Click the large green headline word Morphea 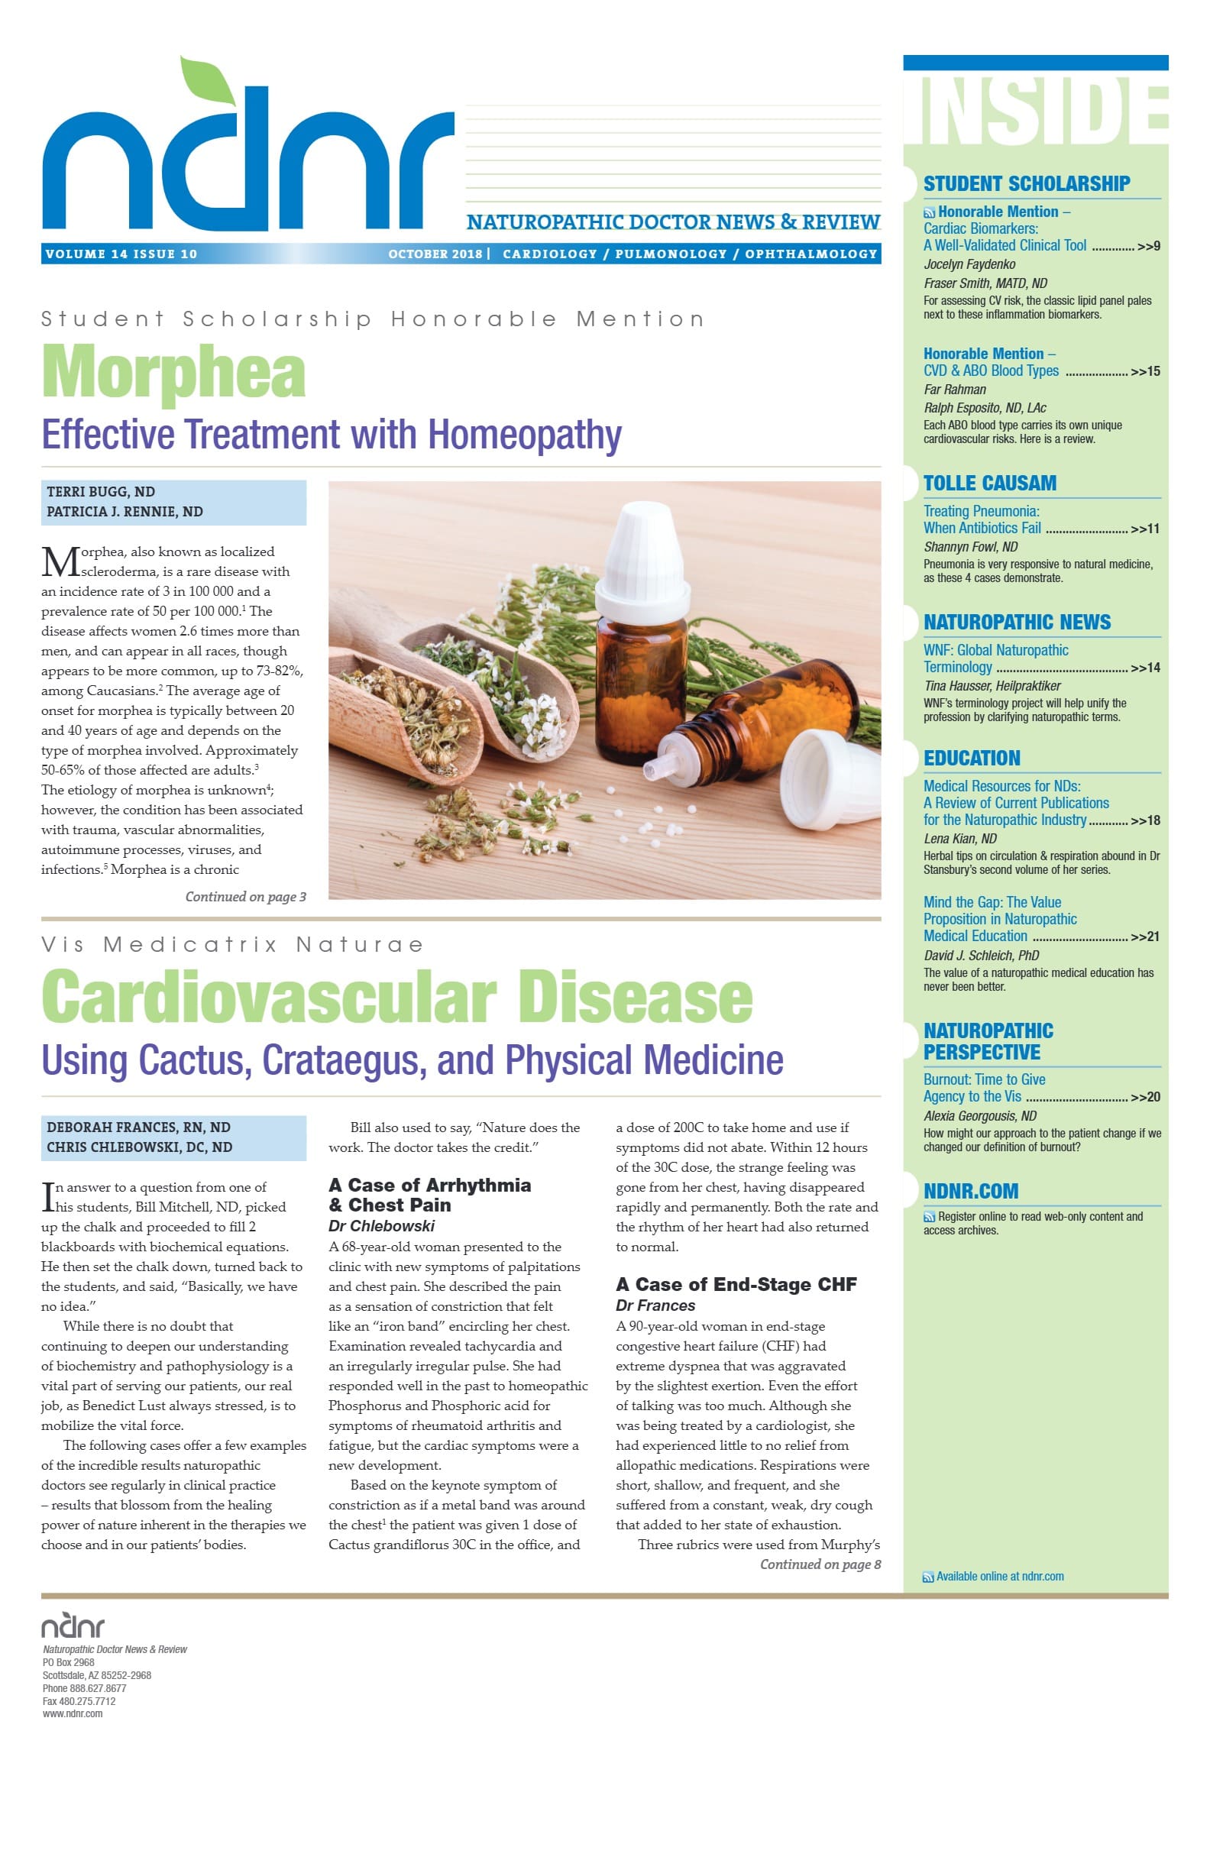(173, 373)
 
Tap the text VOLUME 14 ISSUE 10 (121, 254)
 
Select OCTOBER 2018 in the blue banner (435, 254)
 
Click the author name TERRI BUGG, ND (101, 492)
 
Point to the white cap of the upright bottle (644, 550)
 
